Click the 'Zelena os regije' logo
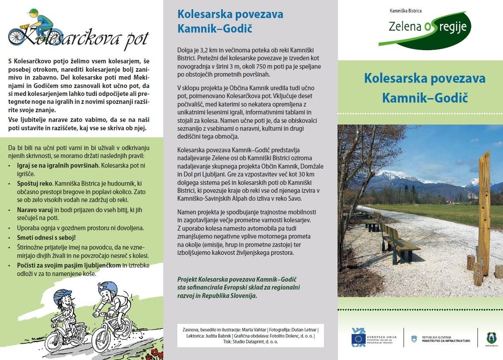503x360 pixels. tap(424, 29)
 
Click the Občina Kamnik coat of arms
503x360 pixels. tap(491, 338)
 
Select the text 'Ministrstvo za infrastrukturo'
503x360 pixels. tap(445, 341)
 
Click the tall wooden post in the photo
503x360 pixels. tap(484, 211)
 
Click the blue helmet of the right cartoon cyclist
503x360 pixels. tap(108, 288)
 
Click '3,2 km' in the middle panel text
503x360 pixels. tap(203, 50)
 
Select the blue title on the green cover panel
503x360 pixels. tap(425, 88)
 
